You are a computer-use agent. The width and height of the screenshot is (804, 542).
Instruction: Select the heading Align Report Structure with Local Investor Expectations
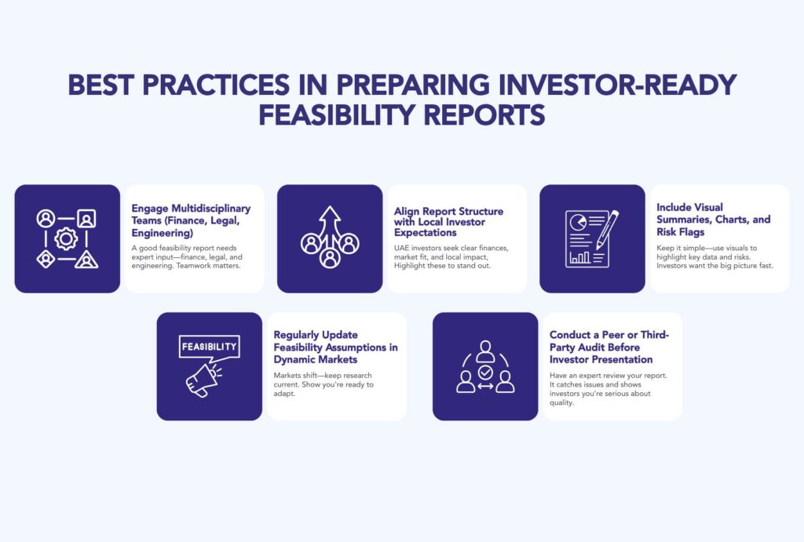point(448,222)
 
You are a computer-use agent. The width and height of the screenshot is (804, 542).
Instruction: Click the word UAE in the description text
point(404,248)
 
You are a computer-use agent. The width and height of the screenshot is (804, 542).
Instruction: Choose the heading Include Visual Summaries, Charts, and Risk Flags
point(713,220)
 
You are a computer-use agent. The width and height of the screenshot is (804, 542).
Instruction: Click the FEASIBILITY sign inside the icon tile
point(209,346)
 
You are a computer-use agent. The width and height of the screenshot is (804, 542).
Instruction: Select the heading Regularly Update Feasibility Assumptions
point(335,347)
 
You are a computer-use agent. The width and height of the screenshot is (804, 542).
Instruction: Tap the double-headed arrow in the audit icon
point(485,387)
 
